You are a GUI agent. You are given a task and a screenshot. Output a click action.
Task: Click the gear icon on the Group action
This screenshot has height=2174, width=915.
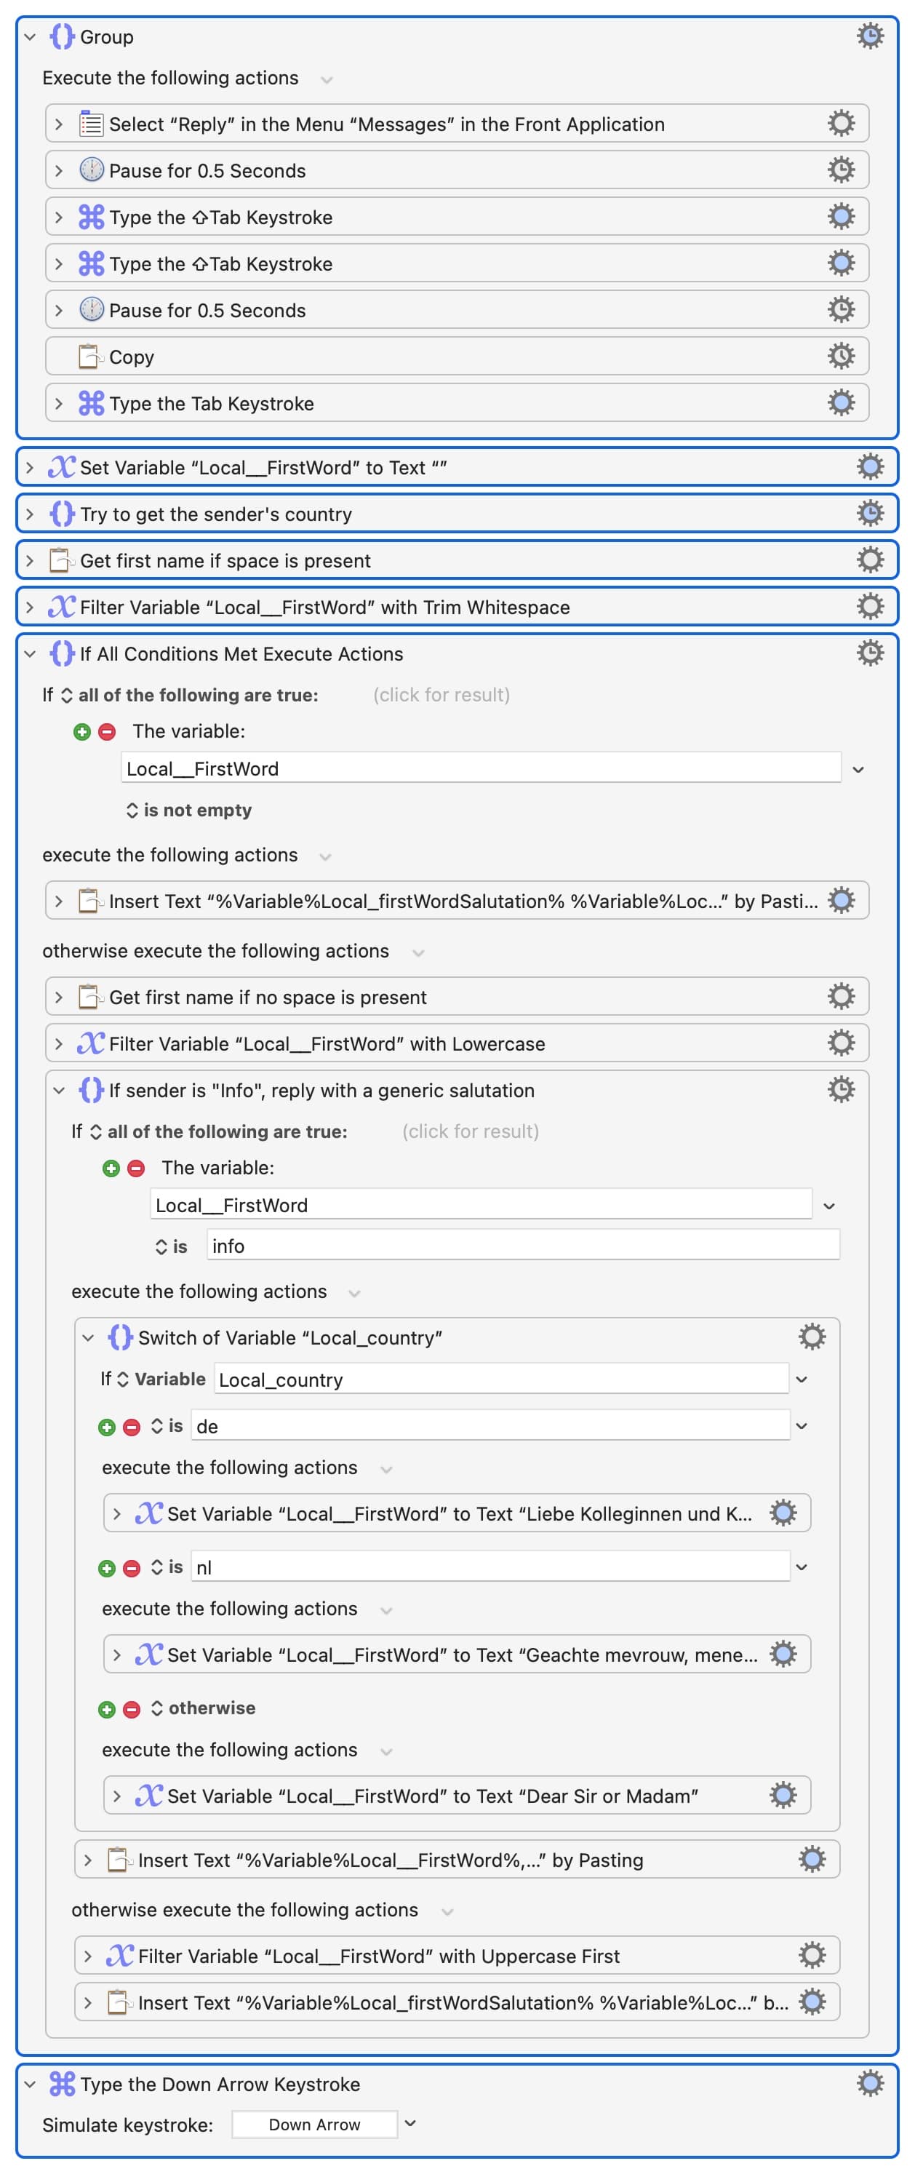(869, 36)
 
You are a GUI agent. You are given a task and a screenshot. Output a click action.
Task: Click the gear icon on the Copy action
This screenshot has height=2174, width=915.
(841, 356)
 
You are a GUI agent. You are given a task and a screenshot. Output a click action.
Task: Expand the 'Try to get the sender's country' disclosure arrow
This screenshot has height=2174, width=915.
(31, 514)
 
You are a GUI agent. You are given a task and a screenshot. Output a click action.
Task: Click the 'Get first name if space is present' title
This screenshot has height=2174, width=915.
(225, 560)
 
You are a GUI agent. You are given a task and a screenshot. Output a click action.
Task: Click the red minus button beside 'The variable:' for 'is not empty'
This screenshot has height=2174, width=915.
(107, 732)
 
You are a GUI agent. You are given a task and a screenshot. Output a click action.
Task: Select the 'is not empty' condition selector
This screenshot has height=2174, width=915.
(189, 811)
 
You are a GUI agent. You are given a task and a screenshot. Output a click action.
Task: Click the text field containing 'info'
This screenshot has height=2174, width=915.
(523, 1246)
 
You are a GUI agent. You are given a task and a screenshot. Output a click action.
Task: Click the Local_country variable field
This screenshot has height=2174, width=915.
(502, 1379)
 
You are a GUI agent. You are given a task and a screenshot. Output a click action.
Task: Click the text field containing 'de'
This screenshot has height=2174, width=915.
(491, 1426)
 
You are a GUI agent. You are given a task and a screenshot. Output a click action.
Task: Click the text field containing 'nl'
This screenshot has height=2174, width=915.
(491, 1567)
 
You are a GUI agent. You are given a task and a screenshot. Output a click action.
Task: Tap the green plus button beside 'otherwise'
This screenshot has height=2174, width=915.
(106, 1709)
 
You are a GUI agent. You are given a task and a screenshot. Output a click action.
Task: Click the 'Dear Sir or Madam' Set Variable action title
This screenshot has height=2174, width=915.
(433, 1796)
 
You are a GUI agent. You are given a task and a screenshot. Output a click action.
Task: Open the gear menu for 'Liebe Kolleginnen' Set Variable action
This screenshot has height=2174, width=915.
(783, 1513)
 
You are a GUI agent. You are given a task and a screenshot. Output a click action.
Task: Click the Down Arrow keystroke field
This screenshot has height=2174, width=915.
(314, 2125)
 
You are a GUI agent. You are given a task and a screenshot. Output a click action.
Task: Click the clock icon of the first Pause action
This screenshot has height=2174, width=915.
(91, 170)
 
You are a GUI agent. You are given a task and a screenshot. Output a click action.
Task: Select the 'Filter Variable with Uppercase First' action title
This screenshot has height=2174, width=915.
(379, 1956)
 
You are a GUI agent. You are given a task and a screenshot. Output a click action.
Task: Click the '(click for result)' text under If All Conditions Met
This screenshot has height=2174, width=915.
(441, 695)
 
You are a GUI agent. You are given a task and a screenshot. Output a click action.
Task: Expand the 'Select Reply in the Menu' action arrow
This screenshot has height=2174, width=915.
(58, 124)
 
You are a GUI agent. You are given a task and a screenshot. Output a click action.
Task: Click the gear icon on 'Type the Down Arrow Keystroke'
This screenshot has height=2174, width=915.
(869, 2083)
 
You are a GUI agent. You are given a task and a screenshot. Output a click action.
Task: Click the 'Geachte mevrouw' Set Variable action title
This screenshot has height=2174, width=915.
(462, 1655)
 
